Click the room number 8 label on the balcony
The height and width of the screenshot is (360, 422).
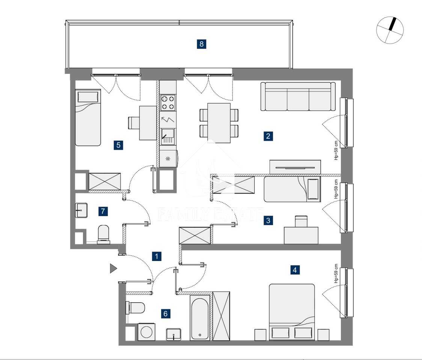(202, 43)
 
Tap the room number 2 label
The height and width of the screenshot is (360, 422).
(268, 136)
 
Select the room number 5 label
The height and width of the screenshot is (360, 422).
(118, 145)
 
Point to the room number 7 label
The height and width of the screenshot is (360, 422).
(103, 211)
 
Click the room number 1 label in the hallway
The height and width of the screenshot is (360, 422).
(157, 256)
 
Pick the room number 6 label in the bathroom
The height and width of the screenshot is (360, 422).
(166, 313)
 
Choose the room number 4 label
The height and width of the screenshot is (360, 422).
(295, 270)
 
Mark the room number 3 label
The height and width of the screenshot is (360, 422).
(268, 220)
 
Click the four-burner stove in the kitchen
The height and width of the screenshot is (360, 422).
(168, 103)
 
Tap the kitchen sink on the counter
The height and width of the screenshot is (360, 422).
(168, 136)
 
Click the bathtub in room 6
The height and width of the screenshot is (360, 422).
(200, 319)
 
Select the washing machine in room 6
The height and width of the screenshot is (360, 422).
(146, 332)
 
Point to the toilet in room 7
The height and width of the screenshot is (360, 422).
(104, 234)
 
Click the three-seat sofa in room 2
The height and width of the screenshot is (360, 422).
(298, 96)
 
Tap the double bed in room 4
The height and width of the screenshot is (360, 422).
(292, 312)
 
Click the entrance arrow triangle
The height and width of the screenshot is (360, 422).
(113, 268)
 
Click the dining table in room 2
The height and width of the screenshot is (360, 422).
(219, 123)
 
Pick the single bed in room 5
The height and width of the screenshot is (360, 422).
(88, 117)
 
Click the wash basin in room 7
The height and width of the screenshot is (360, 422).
(81, 210)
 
